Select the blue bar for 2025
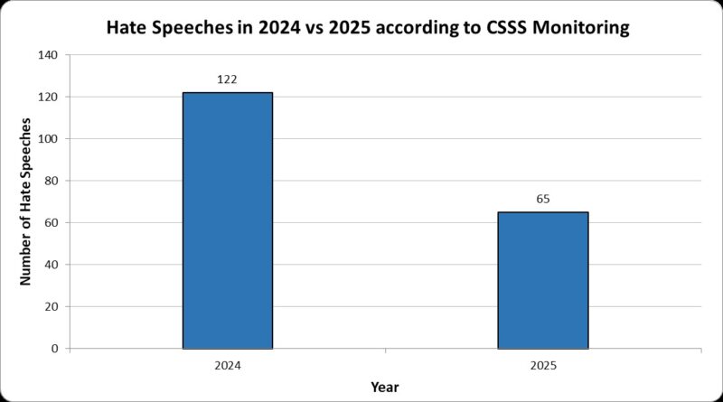coord(542,280)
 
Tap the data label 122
coord(227,79)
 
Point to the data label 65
coord(542,200)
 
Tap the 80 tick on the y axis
coord(51,181)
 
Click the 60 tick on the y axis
coord(51,223)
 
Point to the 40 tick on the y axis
coord(51,265)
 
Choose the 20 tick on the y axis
coord(51,307)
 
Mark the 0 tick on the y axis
coord(54,349)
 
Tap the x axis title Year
coord(385,388)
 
